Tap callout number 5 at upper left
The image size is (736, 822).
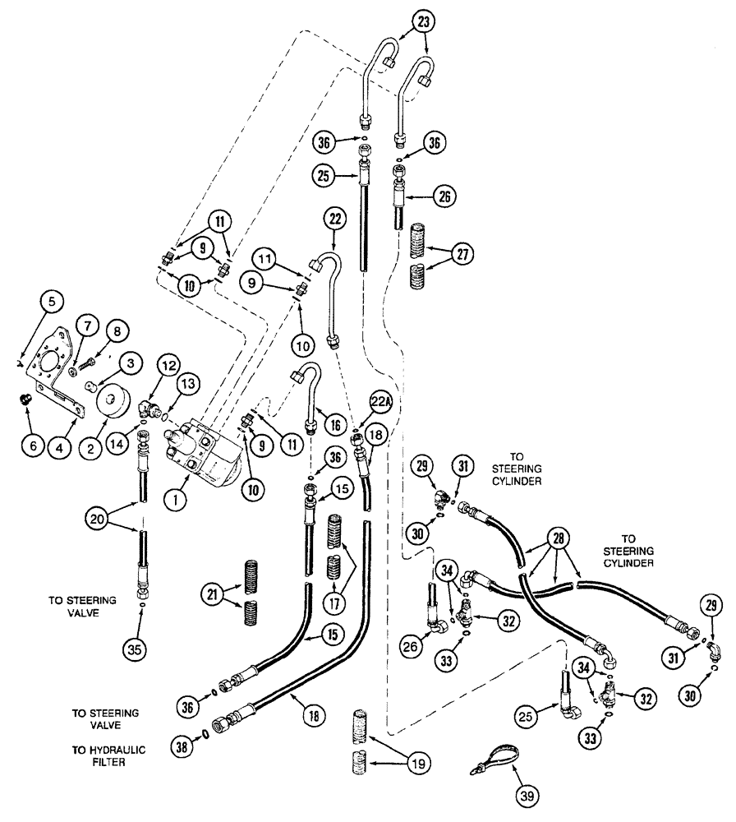(52, 301)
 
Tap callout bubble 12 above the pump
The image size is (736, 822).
(169, 363)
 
